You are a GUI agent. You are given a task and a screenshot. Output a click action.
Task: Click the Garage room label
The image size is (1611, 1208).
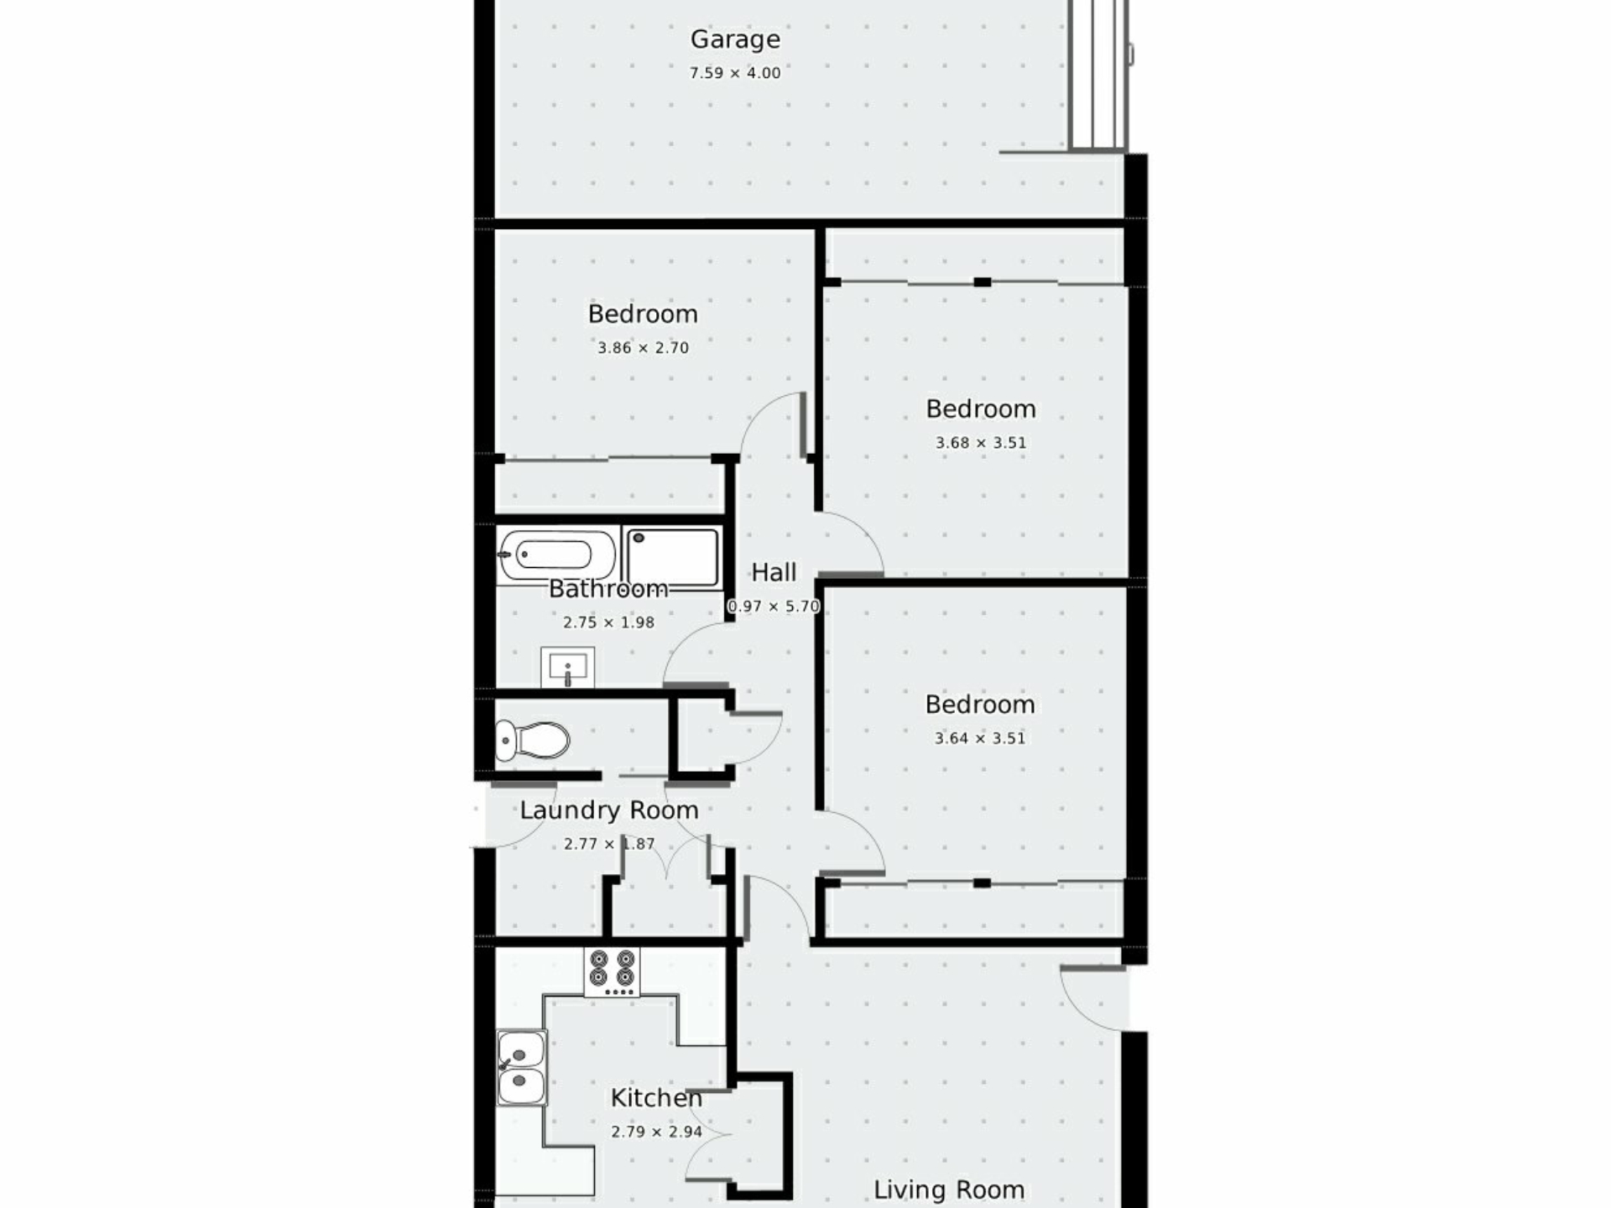735,39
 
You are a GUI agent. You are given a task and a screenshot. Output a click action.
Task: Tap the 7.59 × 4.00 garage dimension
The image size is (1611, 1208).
735,73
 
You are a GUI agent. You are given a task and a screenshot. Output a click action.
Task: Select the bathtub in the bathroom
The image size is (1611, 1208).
557,555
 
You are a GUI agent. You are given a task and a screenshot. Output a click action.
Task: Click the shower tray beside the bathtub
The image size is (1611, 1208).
673,557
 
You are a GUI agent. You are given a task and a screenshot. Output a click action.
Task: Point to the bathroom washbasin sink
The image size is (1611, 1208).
568,668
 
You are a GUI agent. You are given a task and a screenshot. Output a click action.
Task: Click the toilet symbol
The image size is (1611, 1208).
532,741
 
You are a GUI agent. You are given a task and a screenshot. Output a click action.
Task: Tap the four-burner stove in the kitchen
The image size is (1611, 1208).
612,972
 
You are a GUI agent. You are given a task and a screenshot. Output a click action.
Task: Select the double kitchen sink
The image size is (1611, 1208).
521,1067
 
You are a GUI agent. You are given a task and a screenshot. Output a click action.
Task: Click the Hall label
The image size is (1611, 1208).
774,572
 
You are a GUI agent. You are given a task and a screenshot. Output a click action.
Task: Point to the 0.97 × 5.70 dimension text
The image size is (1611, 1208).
774,606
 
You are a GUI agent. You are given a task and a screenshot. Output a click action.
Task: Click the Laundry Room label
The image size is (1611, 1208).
609,810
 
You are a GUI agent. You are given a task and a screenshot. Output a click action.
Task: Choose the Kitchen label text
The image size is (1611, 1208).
656,1098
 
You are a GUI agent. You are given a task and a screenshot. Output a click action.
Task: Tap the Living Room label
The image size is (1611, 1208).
949,1190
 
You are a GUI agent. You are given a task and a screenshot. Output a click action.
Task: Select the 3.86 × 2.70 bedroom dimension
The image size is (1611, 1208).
643,348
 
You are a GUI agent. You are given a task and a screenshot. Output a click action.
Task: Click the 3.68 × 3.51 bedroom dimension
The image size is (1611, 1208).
981,443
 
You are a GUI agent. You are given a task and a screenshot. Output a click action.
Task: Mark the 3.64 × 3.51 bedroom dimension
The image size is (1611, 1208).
980,739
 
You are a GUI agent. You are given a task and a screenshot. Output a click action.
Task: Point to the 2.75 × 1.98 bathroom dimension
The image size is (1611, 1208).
608,622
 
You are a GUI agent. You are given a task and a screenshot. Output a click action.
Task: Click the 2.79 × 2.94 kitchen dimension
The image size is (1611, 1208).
656,1132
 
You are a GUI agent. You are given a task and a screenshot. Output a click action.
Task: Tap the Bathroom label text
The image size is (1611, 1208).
608,589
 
